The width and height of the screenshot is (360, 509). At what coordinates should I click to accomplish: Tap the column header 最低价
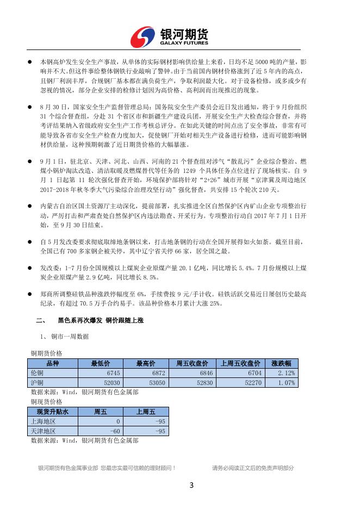click(x=101, y=363)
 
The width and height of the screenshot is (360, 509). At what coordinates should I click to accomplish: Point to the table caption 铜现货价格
click(x=46, y=401)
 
